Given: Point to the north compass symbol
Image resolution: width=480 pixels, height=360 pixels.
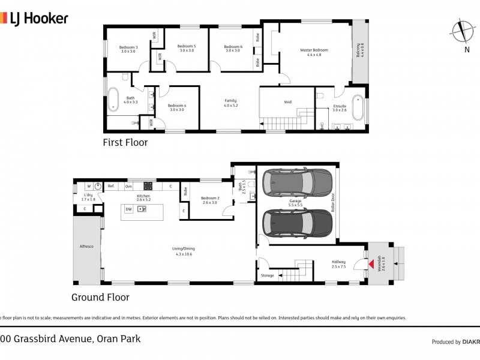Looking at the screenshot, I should (461, 30).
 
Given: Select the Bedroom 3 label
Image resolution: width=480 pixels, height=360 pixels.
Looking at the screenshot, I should (128, 49).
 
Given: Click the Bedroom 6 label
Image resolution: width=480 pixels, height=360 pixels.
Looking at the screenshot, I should (233, 49).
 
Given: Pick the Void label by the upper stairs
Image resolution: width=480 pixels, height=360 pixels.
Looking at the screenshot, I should (287, 102).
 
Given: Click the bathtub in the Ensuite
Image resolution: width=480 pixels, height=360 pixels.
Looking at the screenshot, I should (358, 109).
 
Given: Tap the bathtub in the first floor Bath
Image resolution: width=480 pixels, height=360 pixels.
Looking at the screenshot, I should (114, 100).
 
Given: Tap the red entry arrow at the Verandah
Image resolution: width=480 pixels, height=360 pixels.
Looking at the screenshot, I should (371, 264).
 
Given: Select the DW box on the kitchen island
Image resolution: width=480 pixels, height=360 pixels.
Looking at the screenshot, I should (128, 209).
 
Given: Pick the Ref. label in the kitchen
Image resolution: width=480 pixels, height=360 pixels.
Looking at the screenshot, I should (111, 187).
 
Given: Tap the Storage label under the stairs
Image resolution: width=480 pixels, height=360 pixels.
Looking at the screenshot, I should (268, 275).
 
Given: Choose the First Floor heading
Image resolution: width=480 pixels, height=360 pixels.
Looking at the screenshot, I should (125, 143).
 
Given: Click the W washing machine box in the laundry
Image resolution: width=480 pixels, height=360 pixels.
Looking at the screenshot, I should (88, 186).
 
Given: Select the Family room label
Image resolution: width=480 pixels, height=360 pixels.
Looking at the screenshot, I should (230, 103).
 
